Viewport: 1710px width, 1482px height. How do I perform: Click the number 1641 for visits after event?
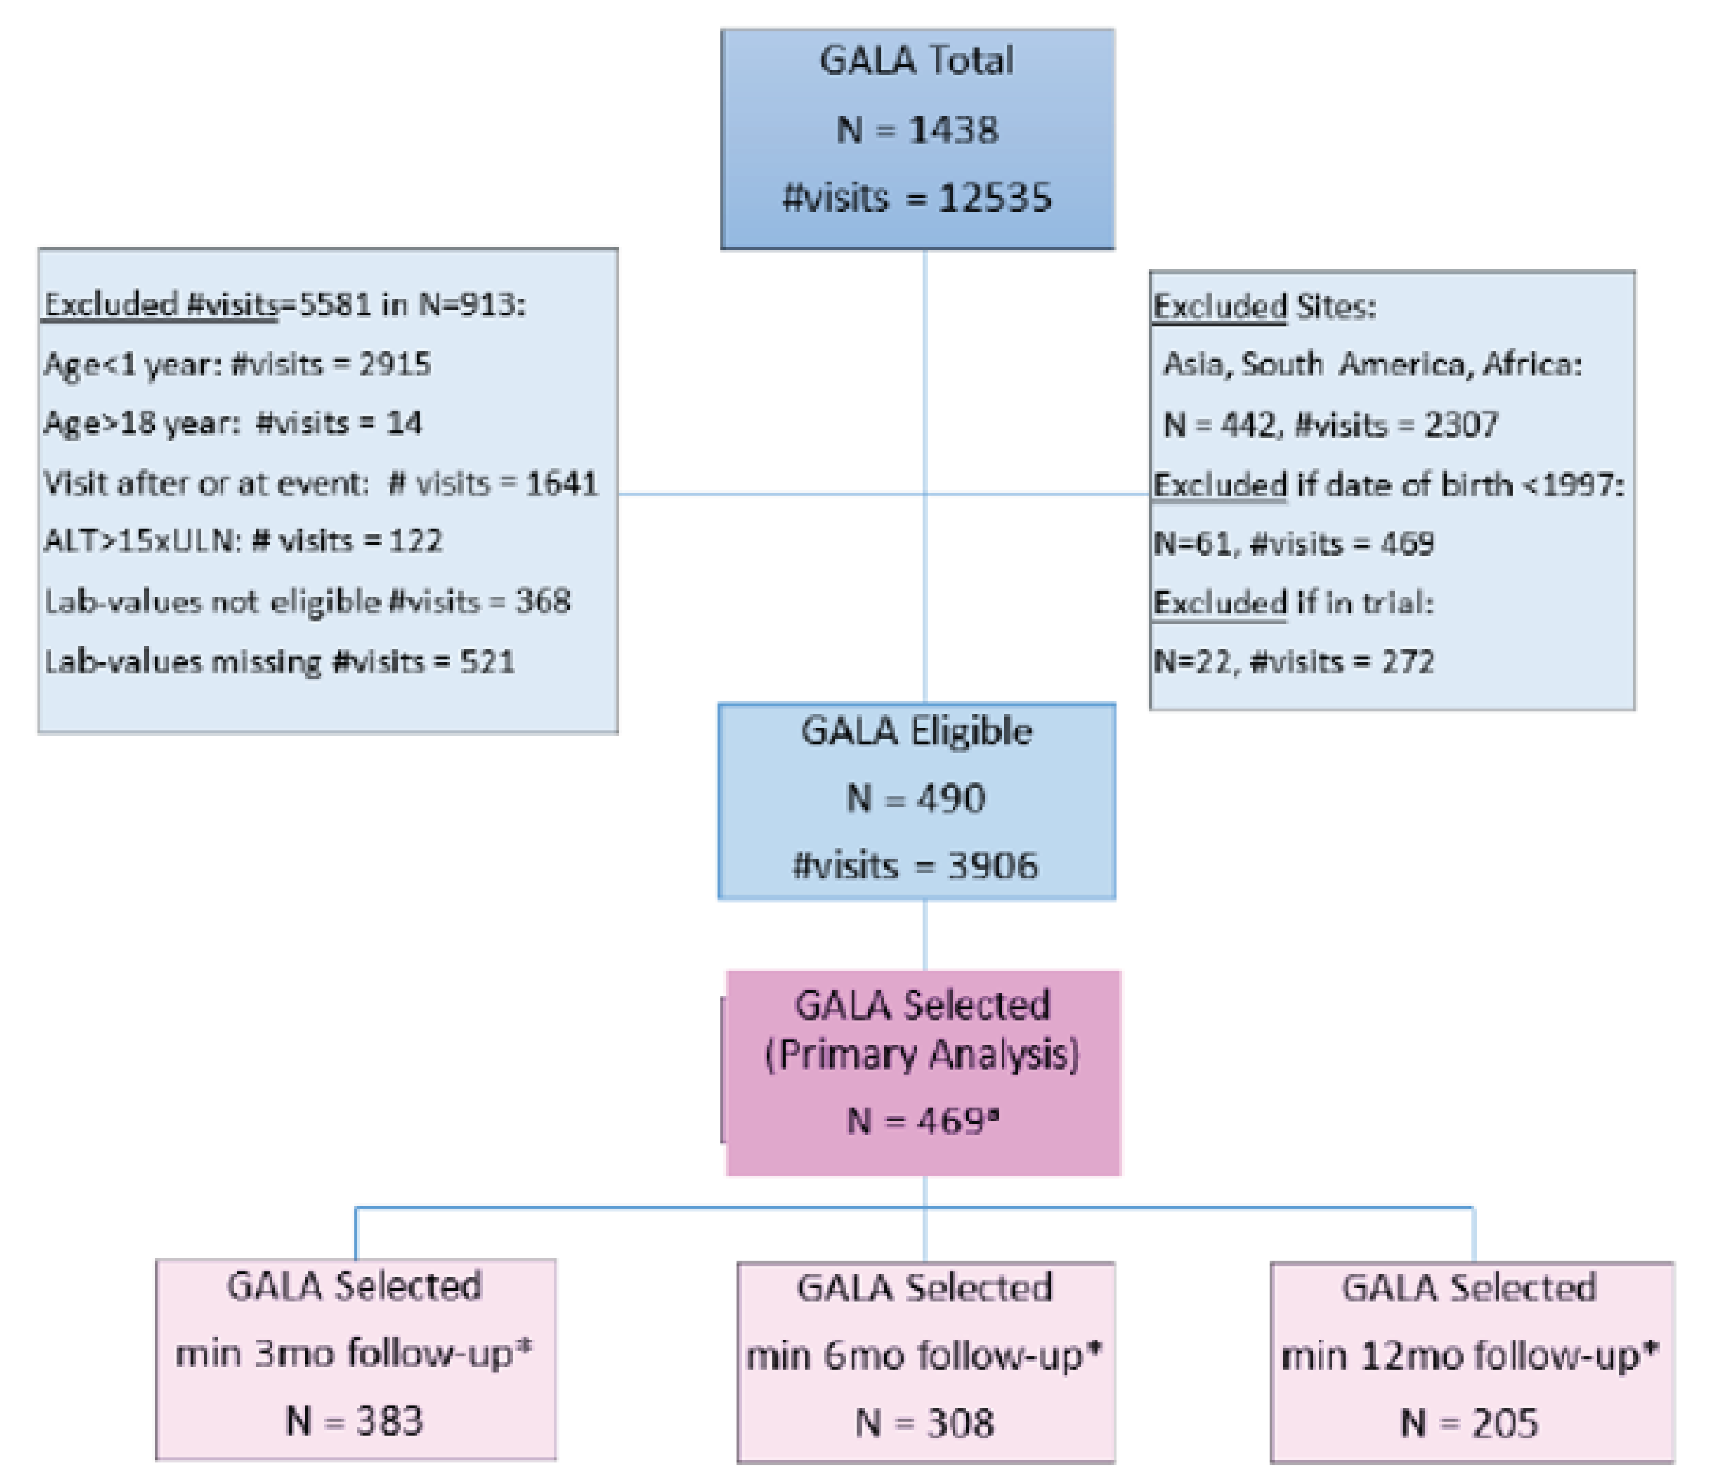pos(562,483)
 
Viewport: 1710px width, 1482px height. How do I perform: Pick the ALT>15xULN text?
pos(141,541)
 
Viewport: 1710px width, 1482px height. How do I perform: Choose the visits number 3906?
pos(992,866)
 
